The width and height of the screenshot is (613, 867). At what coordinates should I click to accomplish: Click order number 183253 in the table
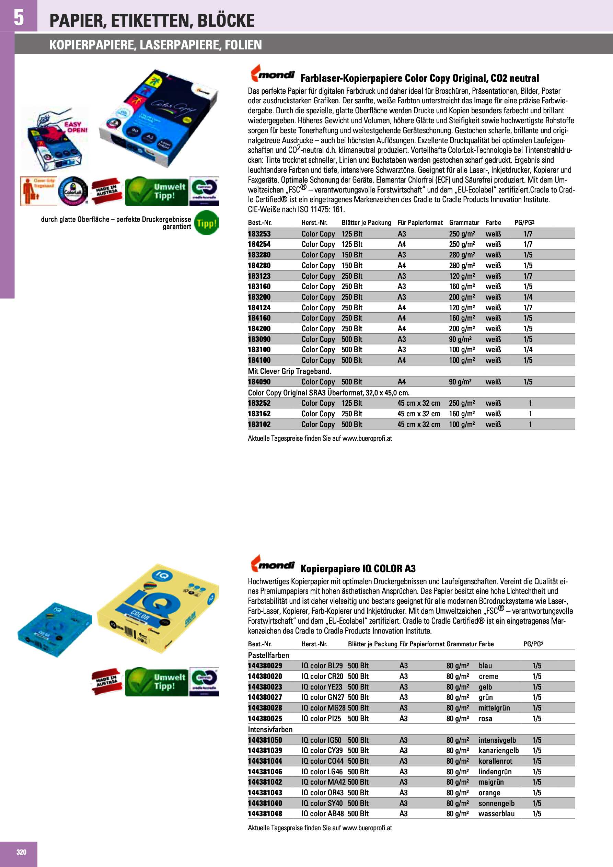tap(259, 234)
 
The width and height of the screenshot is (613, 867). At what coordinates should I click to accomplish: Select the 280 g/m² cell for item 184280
tap(462, 265)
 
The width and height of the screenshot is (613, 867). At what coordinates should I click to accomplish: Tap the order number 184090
tap(259, 382)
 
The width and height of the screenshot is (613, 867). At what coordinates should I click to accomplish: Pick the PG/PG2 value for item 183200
tap(528, 297)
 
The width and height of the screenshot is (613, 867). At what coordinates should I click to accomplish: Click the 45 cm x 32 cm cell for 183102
tap(418, 425)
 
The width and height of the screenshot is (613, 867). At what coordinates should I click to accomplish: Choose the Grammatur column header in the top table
tap(464, 222)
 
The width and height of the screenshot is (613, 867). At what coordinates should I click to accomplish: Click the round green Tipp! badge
tap(206, 223)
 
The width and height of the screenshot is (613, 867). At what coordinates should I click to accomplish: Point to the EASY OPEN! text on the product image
tap(76, 127)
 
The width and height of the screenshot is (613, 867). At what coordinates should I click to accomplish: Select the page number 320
tap(22, 852)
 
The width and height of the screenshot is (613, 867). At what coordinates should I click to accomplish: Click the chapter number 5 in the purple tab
tap(19, 18)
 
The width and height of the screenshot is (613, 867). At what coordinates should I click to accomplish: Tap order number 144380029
tap(265, 666)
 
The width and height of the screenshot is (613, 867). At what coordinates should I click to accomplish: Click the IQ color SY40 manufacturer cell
tap(322, 803)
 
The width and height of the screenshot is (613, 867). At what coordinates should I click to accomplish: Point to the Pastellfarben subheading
tap(268, 655)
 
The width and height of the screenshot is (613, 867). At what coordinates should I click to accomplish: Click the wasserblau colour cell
tap(496, 814)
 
